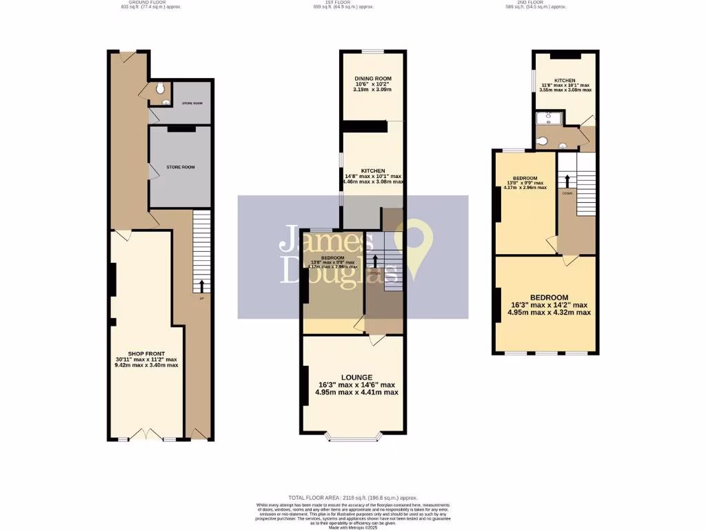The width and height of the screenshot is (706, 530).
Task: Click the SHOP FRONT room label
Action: point(147,355)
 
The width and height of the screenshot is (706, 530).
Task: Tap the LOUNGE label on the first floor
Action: point(356,377)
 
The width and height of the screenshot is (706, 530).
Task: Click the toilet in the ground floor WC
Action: point(160,88)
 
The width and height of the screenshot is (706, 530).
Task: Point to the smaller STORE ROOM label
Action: point(192,103)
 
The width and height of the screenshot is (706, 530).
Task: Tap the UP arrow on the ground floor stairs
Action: point(201,286)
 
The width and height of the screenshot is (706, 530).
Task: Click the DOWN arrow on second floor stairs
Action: point(567,181)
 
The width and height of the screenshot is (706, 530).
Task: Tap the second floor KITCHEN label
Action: point(565,81)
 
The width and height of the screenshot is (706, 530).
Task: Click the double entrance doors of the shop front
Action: point(147,435)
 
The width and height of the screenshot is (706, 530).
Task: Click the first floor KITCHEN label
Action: point(373,170)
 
